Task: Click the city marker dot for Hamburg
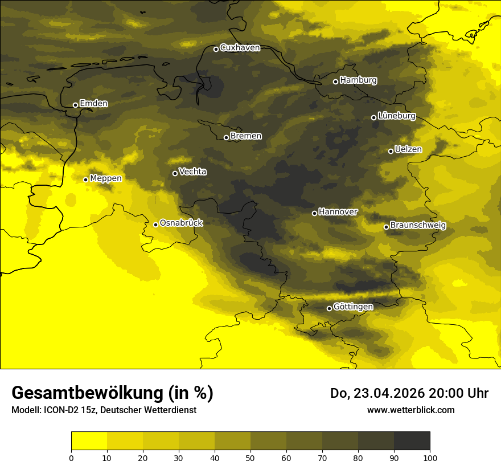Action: pyautogui.click(x=335, y=81)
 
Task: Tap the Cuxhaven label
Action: pyautogui.click(x=240, y=48)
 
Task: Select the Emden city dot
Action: pyautogui.click(x=75, y=105)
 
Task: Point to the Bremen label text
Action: pyautogui.click(x=246, y=136)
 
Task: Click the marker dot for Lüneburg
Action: pyautogui.click(x=373, y=117)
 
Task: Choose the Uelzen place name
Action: pyautogui.click(x=408, y=150)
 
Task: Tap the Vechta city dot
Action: pyautogui.click(x=175, y=173)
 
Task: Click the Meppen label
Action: pyautogui.click(x=106, y=178)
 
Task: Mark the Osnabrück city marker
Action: pyautogui.click(x=155, y=225)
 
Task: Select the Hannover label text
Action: pyautogui.click(x=338, y=212)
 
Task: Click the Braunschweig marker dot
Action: pyautogui.click(x=386, y=227)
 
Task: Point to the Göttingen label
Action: pyautogui.click(x=353, y=307)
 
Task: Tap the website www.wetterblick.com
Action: pyautogui.click(x=410, y=410)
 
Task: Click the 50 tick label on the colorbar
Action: pyautogui.click(x=250, y=457)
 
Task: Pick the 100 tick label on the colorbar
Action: pyautogui.click(x=430, y=457)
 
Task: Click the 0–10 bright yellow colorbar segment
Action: pyautogui.click(x=89, y=441)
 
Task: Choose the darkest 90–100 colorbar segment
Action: pyautogui.click(x=412, y=441)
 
